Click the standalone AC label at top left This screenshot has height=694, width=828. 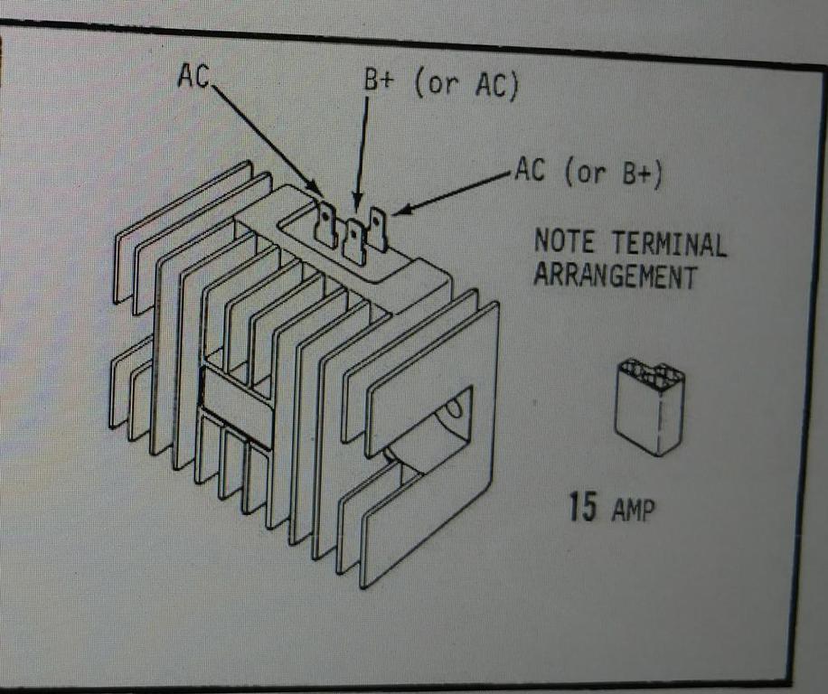(193, 78)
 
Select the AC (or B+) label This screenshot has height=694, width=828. (588, 172)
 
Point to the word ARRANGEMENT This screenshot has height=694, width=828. (615, 275)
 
